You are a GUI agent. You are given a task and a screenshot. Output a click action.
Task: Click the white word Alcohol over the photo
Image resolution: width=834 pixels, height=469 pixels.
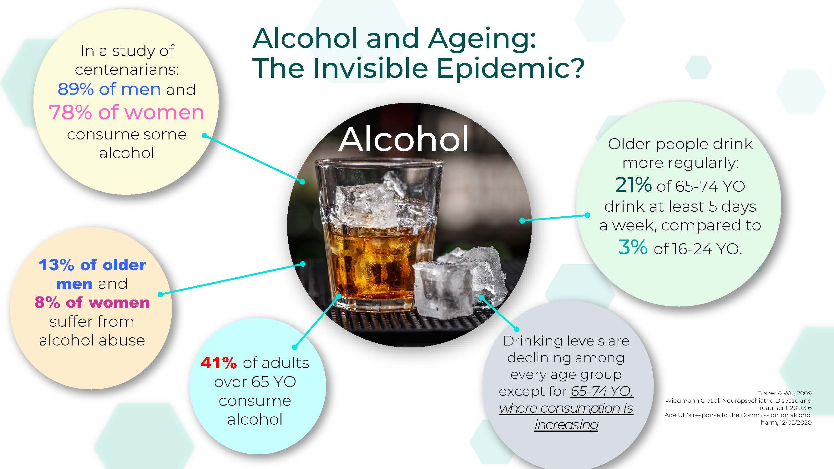[403, 139]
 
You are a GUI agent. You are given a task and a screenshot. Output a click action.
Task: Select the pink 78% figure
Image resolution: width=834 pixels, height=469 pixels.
[70, 113]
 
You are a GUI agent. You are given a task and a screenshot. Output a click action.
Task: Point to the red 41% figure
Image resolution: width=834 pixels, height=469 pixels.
[219, 363]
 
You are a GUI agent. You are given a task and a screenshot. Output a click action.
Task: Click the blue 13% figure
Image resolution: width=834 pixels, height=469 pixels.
[56, 265]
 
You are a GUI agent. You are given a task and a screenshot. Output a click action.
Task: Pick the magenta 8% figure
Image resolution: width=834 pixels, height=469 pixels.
[47, 303]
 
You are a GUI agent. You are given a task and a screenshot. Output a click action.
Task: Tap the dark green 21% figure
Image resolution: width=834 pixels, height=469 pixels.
[633, 185]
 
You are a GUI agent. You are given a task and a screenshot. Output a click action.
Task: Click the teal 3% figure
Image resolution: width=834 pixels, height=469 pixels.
[632, 248]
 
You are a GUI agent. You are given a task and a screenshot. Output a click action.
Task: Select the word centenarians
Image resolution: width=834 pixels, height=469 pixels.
[127, 70]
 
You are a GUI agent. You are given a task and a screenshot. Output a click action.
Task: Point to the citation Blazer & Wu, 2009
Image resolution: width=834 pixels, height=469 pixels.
[784, 393]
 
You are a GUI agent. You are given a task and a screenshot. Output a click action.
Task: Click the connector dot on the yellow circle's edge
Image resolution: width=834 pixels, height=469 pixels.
[205, 136]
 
